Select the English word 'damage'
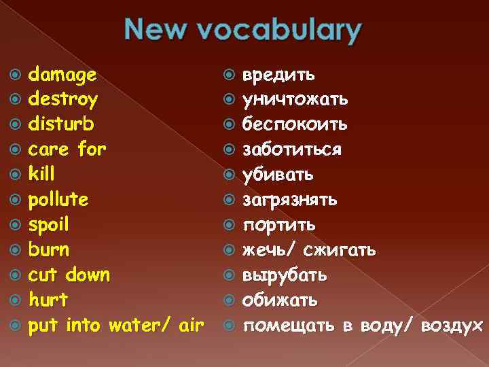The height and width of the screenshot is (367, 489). click(x=62, y=74)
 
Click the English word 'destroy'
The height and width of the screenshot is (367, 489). click(x=63, y=100)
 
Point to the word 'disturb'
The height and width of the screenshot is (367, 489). click(x=61, y=124)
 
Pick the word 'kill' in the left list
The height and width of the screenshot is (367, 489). click(x=41, y=174)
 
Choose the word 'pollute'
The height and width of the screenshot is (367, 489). click(x=58, y=200)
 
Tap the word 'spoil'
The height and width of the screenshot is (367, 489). click(x=49, y=225)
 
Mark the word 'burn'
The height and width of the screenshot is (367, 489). click(x=49, y=249)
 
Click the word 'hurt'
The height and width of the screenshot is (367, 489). click(x=48, y=300)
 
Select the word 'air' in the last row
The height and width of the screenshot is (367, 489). click(x=189, y=325)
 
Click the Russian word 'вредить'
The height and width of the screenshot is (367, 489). click(x=278, y=74)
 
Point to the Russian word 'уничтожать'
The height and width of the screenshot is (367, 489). click(x=296, y=99)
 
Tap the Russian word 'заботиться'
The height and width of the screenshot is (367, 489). click(x=293, y=150)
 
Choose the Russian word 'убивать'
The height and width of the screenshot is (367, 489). click(x=278, y=175)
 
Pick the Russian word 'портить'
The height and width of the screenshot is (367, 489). click(x=279, y=225)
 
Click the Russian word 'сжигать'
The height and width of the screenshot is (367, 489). click(x=340, y=250)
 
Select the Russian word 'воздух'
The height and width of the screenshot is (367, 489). click(x=452, y=326)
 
